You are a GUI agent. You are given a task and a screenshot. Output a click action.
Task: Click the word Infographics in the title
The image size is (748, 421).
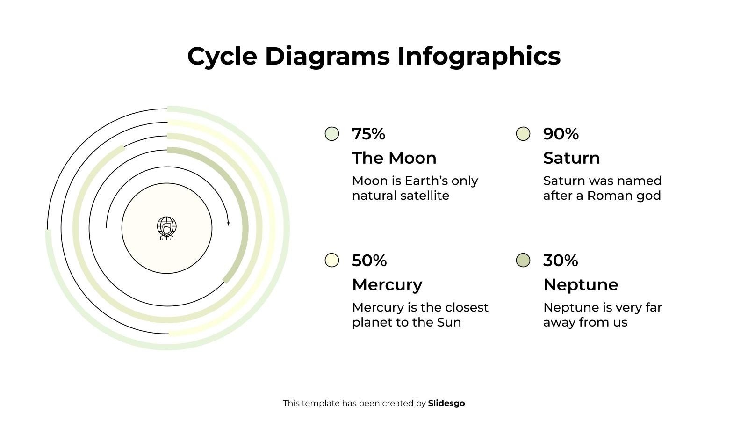[x=479, y=56]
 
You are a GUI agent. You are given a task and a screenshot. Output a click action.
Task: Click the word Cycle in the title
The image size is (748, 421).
[x=222, y=56]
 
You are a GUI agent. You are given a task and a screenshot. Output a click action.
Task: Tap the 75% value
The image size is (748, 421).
[x=368, y=134]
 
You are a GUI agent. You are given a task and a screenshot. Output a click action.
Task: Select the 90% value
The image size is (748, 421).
[x=561, y=134]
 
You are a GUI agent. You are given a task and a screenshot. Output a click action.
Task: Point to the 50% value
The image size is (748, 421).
[x=369, y=261]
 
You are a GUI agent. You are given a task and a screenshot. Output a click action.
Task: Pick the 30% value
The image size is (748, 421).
[x=560, y=261]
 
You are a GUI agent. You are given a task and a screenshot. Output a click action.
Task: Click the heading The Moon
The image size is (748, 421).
[x=394, y=158]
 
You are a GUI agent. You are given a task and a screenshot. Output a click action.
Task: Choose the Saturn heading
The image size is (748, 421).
[x=571, y=158]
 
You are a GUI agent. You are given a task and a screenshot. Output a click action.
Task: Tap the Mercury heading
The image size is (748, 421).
[x=387, y=284]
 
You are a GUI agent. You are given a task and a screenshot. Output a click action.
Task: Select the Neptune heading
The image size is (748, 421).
[x=581, y=284]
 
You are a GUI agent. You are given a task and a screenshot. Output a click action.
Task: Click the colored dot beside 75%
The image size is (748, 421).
[x=332, y=134]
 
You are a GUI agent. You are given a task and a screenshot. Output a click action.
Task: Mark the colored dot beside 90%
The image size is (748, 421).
[x=523, y=134]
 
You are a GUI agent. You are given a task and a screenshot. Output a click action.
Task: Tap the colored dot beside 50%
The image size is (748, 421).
[x=332, y=260]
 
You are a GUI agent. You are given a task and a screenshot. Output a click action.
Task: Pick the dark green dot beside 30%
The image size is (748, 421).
[x=523, y=260]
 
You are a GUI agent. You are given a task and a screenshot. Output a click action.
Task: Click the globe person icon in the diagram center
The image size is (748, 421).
[x=167, y=228]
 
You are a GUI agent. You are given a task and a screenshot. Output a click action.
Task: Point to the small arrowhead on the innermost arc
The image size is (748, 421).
[x=228, y=223]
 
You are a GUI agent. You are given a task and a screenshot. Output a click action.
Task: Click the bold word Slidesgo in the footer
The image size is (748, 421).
[x=446, y=403]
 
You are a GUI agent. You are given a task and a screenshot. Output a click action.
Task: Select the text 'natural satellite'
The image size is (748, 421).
[x=400, y=196]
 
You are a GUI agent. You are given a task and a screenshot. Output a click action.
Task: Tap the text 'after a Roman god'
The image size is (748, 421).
[x=602, y=196]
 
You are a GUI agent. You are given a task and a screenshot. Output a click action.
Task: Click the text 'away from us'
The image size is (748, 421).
[x=585, y=322]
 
